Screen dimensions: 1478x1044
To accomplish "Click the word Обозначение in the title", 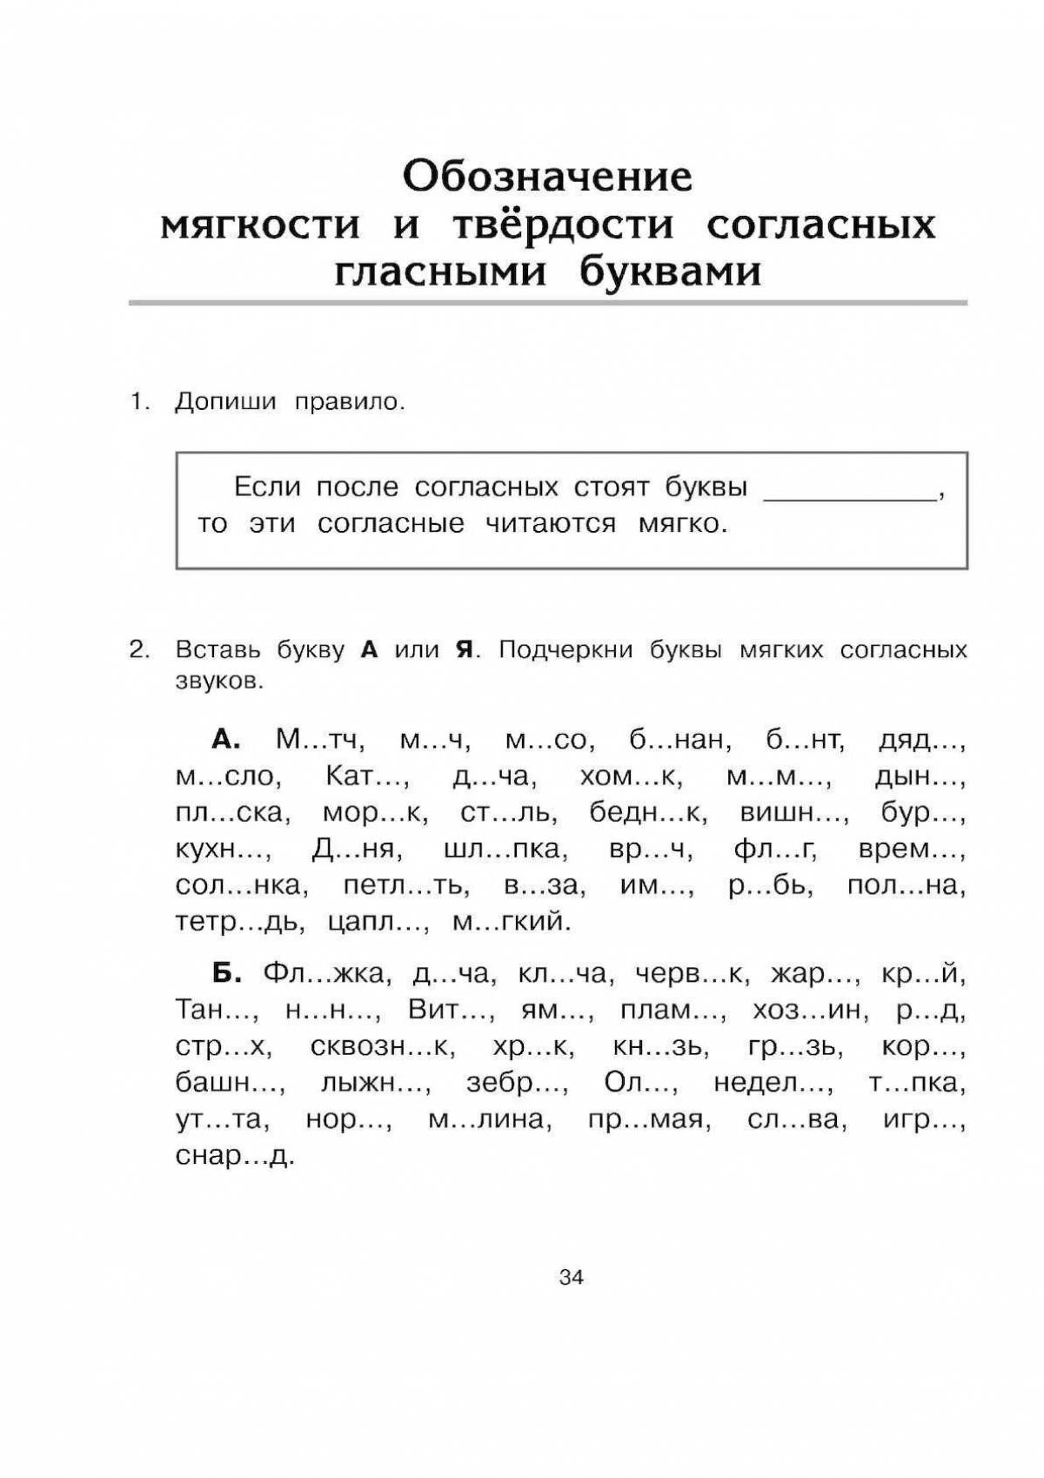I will click(547, 177).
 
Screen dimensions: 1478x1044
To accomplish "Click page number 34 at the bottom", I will click(571, 1278).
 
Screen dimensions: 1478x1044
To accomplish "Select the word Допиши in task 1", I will click(225, 402).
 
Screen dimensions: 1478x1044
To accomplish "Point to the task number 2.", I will click(139, 649).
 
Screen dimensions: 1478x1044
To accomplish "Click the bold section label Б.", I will click(226, 973).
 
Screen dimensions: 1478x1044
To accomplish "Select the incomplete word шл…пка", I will click(505, 850).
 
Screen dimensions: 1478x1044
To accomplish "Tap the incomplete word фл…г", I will click(774, 850).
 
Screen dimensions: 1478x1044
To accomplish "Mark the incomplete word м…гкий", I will click(511, 923).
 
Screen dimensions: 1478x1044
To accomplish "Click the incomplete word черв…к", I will click(691, 973).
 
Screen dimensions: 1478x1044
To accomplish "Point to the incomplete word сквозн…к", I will click(382, 1046).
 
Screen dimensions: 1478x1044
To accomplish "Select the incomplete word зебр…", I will click(517, 1083).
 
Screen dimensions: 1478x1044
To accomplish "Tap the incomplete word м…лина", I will click(489, 1119).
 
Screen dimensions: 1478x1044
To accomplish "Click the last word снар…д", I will click(235, 1156).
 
